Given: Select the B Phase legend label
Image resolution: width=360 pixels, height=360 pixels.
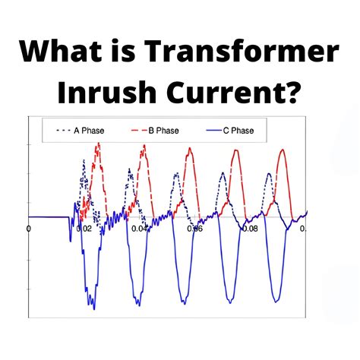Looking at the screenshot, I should click(163, 131).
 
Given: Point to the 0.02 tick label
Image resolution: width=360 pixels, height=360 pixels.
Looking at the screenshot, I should click(85, 229).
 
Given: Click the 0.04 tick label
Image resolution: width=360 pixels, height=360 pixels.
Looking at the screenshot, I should click(140, 229).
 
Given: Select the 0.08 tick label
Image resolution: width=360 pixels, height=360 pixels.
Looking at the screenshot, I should click(249, 229).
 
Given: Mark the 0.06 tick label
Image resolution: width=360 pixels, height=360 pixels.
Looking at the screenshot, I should click(194, 229).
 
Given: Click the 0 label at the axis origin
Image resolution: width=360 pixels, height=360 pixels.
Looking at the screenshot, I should click(29, 229).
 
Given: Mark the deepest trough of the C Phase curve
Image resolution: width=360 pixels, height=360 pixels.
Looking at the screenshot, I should click(93, 308).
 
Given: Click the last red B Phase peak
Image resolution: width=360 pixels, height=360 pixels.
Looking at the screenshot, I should click(283, 150).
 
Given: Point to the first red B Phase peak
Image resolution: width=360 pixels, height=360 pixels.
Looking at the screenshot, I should click(96, 144).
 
